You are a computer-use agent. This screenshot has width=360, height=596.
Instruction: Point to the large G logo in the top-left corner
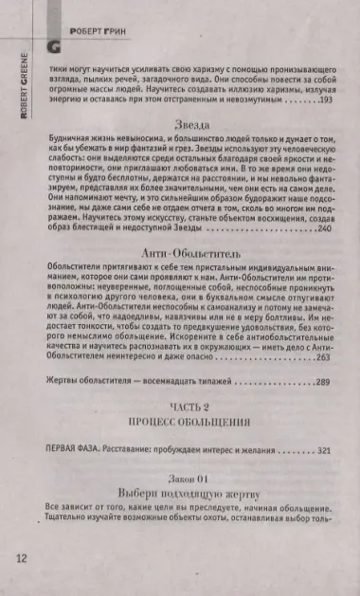pyautogui.click(x=54, y=43)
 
